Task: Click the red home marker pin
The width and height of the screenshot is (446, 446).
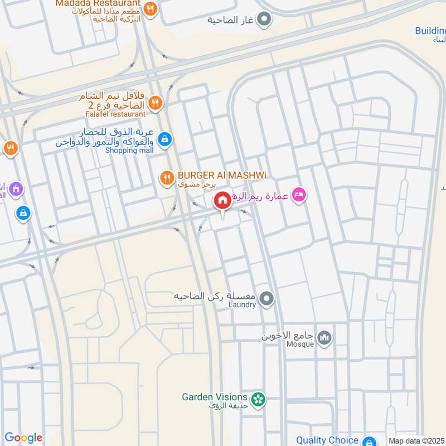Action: pyautogui.click(x=222, y=200)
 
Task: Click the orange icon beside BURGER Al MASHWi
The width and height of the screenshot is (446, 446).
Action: pyautogui.click(x=166, y=178)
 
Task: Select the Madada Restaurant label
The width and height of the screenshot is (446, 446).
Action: pyautogui.click(x=99, y=3)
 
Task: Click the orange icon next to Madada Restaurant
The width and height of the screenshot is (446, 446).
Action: pyautogui.click(x=150, y=9)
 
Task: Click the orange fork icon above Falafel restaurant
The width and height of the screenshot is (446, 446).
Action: pyautogui.click(x=155, y=102)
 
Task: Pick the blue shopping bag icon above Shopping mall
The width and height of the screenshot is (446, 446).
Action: pyautogui.click(x=164, y=139)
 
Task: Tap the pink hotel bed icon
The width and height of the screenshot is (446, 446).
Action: pyautogui.click(x=299, y=195)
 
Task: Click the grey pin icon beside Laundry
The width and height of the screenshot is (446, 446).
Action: pyautogui.click(x=267, y=299)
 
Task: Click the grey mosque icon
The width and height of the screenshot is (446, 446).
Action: pyautogui.click(x=324, y=338)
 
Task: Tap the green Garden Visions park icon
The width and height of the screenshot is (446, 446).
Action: pyautogui.click(x=258, y=399)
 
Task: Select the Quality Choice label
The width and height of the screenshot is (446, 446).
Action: pyautogui.click(x=327, y=440)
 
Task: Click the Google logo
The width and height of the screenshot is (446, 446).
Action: pyautogui.click(x=23, y=438)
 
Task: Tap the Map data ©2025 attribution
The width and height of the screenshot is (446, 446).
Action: pyautogui.click(x=416, y=440)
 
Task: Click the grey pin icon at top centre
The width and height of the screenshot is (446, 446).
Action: pyautogui.click(x=266, y=21)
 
